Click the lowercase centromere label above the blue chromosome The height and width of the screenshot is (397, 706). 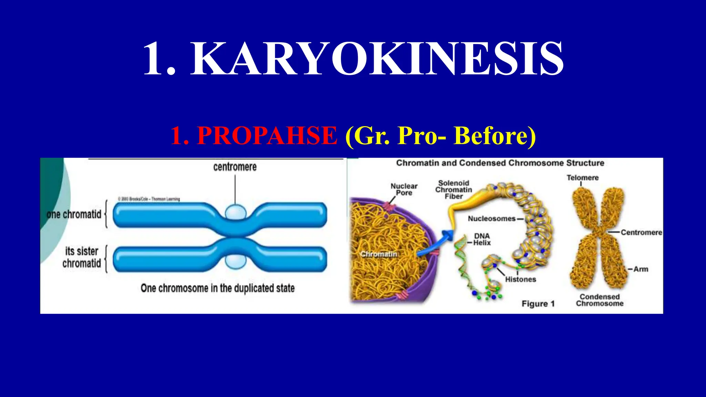point(235,167)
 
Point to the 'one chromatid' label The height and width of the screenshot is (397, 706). point(74,214)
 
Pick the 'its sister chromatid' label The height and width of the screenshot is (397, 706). point(82,257)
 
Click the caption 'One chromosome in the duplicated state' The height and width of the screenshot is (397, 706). point(218,288)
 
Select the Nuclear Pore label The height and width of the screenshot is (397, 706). point(404,189)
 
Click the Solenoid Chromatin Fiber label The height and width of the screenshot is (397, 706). point(454,190)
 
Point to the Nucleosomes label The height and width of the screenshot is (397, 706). point(492,218)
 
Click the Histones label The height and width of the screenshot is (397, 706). point(521,279)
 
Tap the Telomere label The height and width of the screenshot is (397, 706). point(583,178)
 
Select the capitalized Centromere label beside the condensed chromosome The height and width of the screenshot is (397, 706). point(641,232)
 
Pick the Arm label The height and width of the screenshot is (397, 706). point(641,269)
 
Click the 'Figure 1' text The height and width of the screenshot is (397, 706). point(538,304)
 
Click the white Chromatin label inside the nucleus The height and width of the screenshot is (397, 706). point(379,254)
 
